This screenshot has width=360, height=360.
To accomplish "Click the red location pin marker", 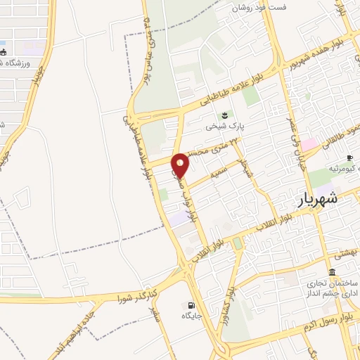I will tap(181, 165).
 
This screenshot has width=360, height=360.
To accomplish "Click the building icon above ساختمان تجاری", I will tap(332, 273).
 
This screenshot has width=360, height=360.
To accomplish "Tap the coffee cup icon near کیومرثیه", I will tap(349, 157).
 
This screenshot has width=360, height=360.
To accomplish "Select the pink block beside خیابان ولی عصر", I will tap(310, 144).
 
